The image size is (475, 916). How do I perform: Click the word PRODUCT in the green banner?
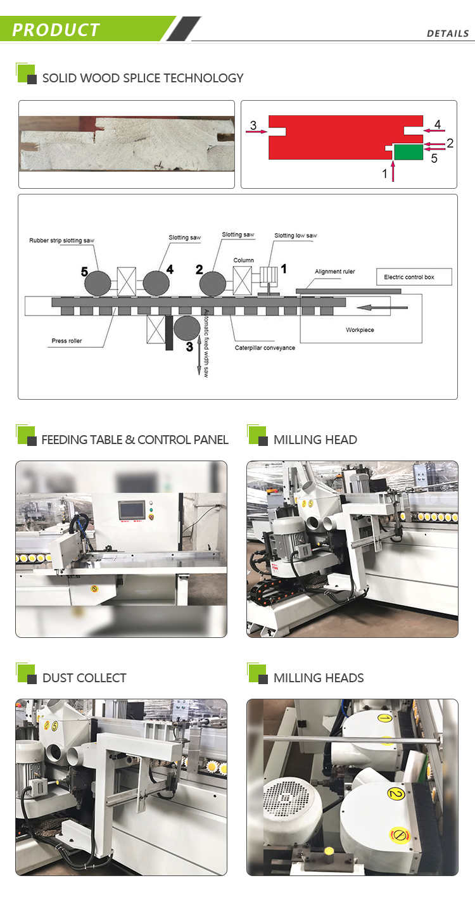(x=56, y=30)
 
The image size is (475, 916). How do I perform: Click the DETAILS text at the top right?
(x=447, y=34)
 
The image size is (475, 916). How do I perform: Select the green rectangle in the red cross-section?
(x=408, y=151)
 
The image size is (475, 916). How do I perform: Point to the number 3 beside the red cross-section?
(x=253, y=125)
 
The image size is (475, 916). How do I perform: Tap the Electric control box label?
(x=408, y=277)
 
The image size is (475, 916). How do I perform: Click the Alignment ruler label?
(x=334, y=271)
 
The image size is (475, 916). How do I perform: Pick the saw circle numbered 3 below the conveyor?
(x=185, y=329)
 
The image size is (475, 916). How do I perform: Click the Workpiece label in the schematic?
(x=359, y=329)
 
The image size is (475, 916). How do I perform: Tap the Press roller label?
(x=66, y=341)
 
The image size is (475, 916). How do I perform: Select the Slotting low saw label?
(x=295, y=236)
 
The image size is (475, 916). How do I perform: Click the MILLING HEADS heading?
(x=319, y=678)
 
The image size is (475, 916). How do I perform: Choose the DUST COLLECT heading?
(x=84, y=678)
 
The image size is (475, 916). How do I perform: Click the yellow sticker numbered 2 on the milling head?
(x=395, y=792)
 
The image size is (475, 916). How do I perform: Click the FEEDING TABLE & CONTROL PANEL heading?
(x=135, y=440)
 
